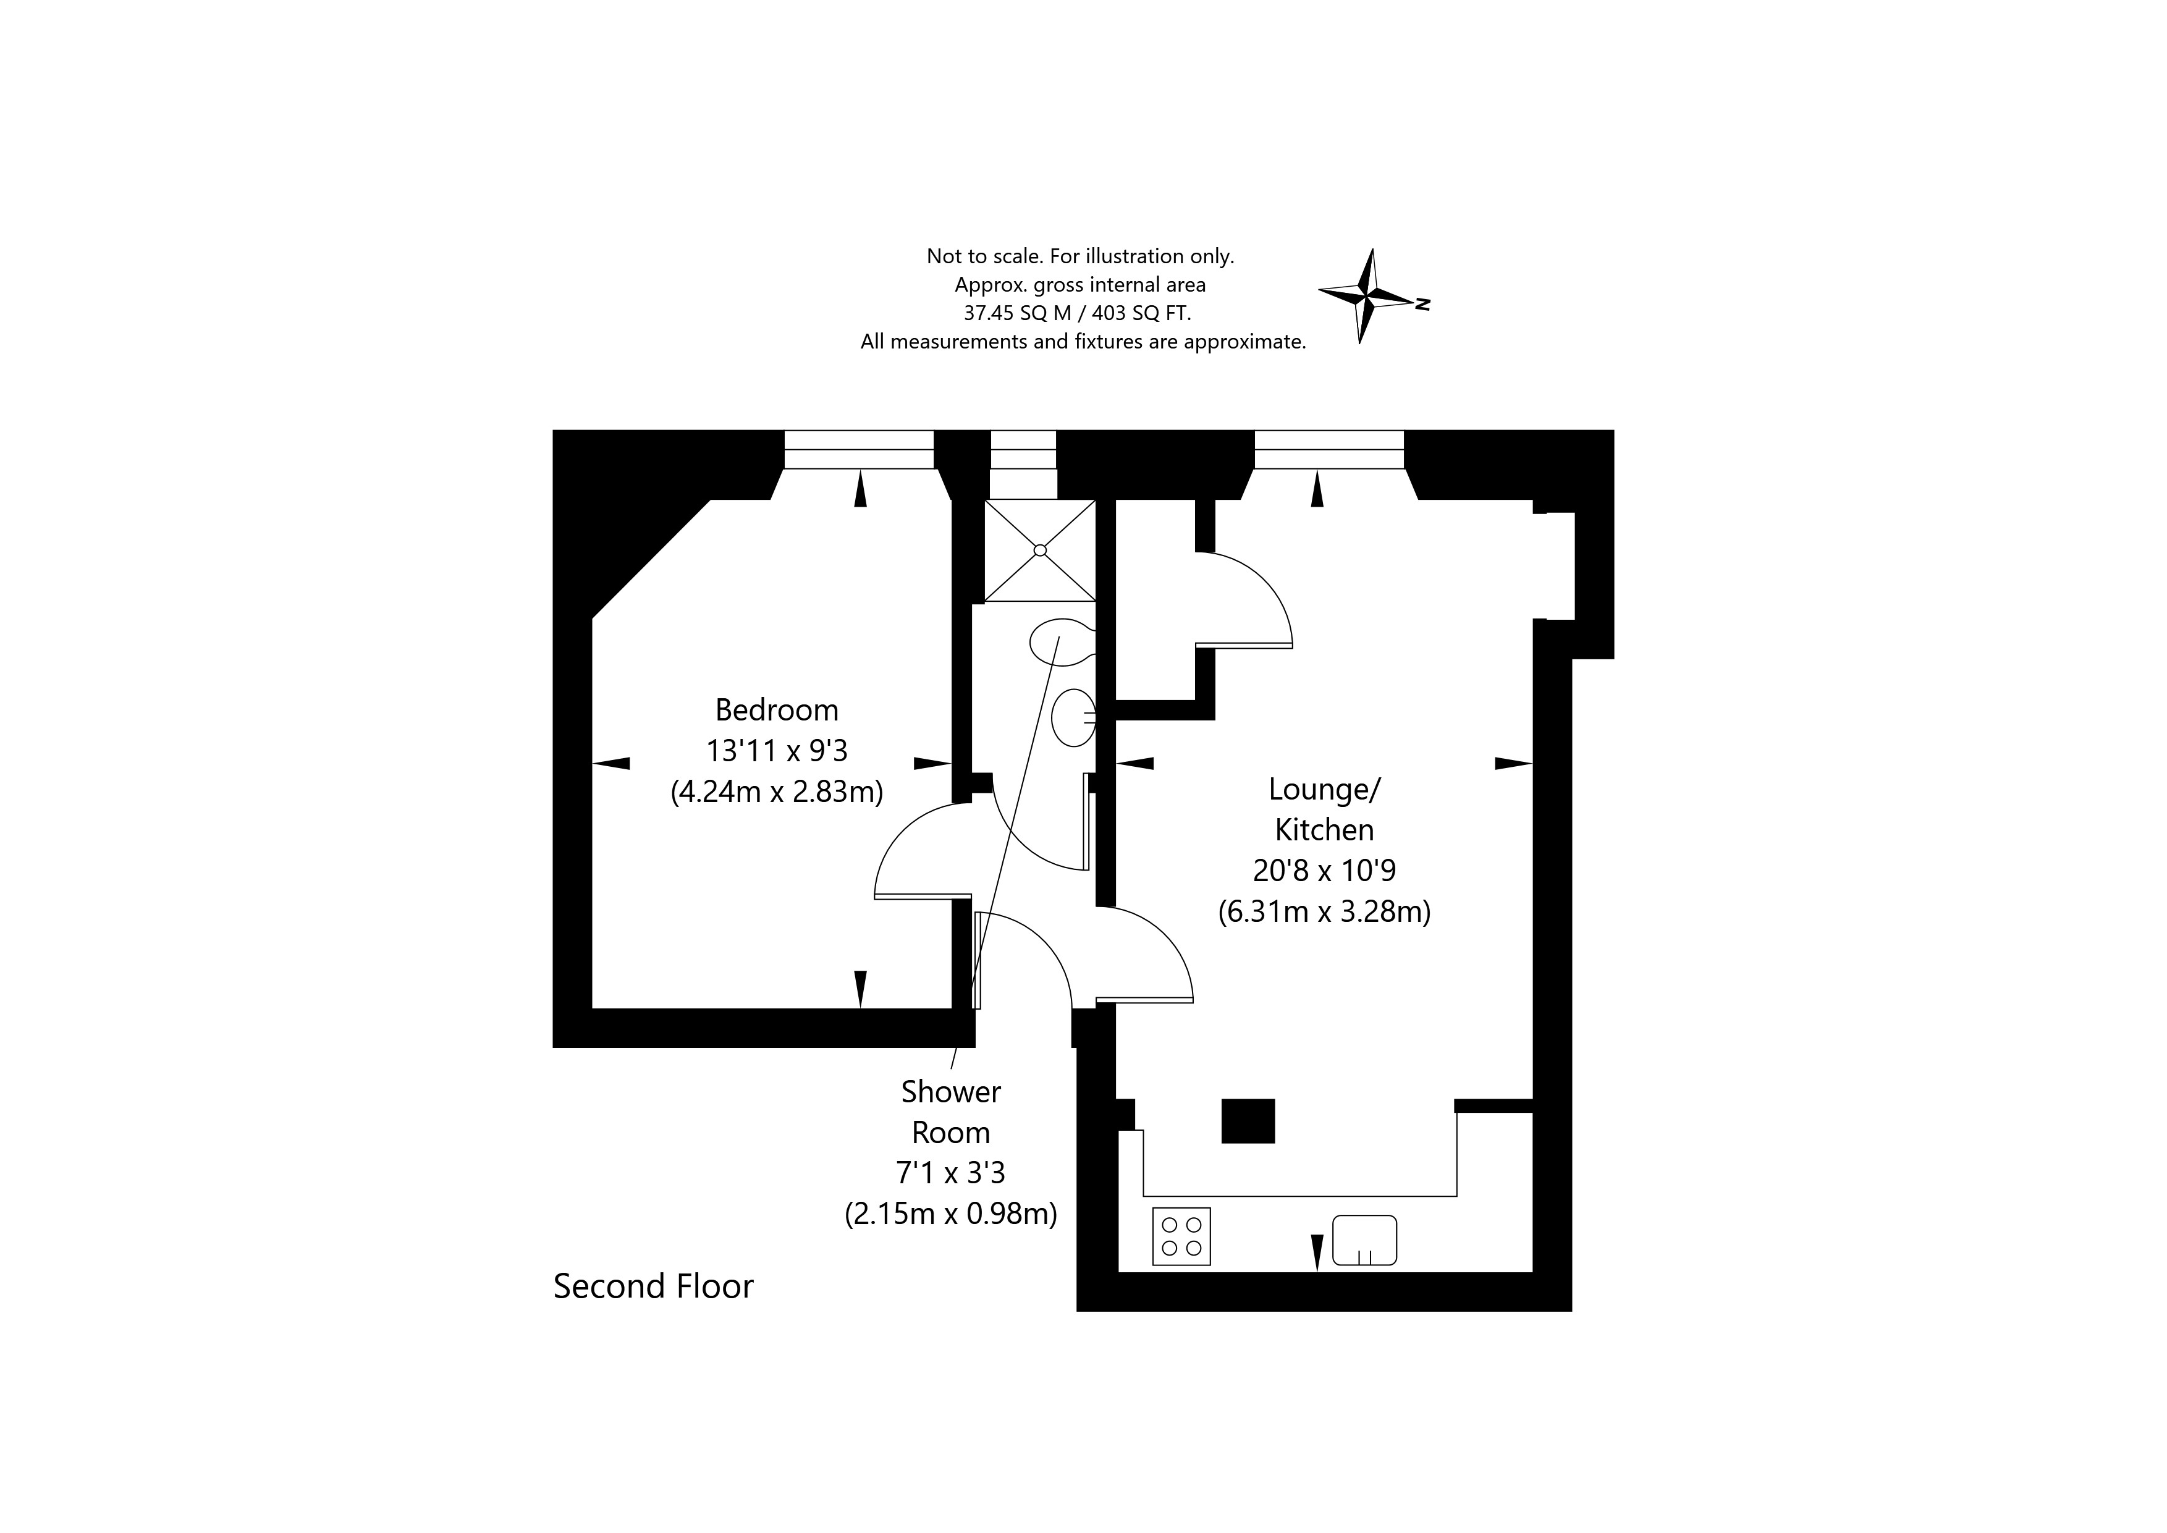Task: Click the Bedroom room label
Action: [x=776, y=710]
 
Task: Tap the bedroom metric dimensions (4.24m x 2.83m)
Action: [x=776, y=791]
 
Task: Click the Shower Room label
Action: [x=950, y=1112]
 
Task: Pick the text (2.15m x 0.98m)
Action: [x=950, y=1213]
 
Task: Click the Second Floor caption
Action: [x=653, y=1286]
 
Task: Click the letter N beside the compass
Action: [x=1423, y=304]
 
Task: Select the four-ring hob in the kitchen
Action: [x=1181, y=1236]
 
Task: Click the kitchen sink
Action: [x=1364, y=1239]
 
